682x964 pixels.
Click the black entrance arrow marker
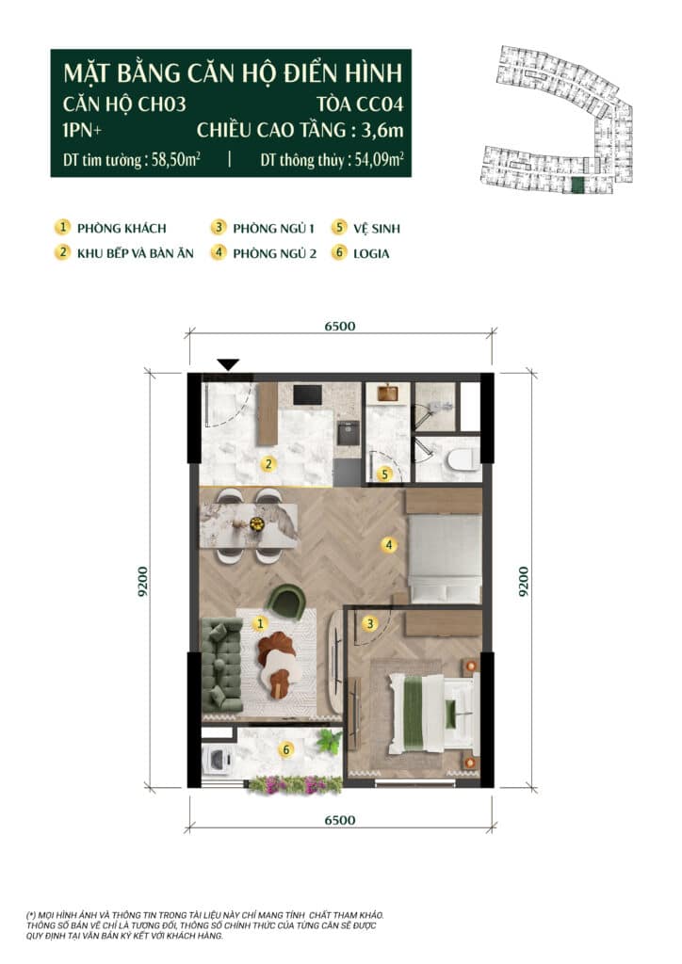click(228, 364)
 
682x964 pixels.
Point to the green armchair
click(288, 603)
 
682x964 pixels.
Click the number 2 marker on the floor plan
click(268, 464)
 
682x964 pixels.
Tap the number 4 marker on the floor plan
click(388, 544)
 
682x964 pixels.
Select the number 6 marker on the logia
click(286, 749)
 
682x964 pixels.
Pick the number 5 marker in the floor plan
click(384, 474)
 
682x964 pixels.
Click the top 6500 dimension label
click(340, 326)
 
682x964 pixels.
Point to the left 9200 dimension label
click(142, 582)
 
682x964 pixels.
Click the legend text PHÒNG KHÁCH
click(122, 229)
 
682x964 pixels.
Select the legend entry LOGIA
click(371, 253)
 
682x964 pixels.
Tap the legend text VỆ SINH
click(377, 229)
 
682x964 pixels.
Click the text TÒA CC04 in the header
click(361, 104)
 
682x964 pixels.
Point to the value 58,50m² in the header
click(176, 160)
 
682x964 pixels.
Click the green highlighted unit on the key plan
click(576, 185)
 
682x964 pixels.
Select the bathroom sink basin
click(387, 393)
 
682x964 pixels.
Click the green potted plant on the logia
click(330, 741)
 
